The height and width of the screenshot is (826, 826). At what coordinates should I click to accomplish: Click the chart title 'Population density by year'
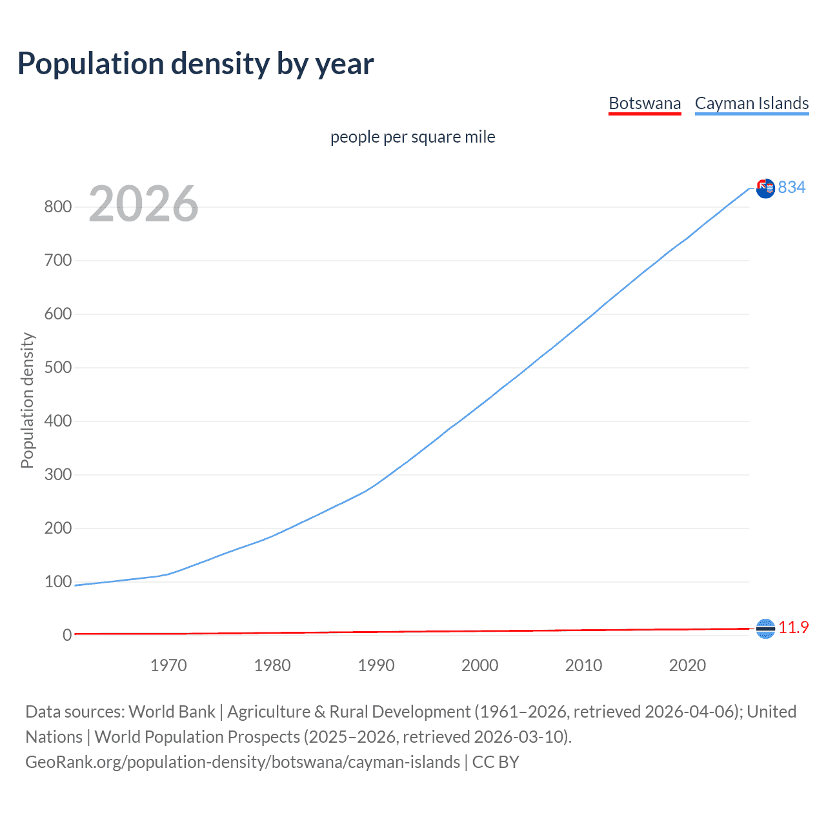196,64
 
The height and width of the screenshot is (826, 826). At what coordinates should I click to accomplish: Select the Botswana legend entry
645,103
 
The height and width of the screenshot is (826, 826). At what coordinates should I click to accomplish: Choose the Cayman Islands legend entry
751,103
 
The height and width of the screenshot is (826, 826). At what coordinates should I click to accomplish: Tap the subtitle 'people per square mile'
412,137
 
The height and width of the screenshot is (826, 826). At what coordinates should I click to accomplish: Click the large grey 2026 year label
143,204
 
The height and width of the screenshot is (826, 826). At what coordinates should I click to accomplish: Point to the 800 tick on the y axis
57,207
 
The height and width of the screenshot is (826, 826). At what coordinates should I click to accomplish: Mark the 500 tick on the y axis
57,368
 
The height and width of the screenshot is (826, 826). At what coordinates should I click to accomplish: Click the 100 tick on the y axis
57,582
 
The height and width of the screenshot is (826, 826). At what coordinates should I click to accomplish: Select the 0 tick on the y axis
67,636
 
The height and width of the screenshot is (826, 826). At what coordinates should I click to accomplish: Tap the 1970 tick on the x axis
168,665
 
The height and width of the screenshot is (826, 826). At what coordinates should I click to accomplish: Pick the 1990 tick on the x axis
376,665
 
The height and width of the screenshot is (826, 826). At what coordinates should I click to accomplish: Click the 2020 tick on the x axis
687,665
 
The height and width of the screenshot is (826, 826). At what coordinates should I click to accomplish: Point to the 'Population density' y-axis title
27,400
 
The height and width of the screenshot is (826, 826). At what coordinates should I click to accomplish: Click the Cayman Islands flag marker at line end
765,188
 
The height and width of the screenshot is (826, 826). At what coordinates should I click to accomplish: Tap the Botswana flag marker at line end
765,629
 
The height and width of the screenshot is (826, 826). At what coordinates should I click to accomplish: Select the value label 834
792,187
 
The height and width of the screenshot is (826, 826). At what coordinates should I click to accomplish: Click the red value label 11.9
794,627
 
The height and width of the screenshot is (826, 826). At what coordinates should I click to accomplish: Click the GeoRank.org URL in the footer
243,762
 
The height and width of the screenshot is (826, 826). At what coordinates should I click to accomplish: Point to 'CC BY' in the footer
496,762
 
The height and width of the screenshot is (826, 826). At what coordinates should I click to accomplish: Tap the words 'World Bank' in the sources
172,712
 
